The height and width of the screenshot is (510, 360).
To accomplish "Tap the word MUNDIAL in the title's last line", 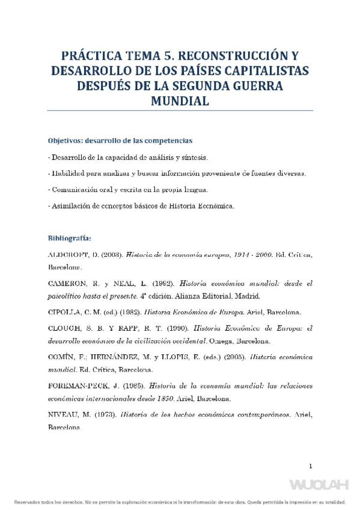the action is click(180, 101).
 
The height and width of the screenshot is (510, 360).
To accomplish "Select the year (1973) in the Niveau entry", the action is click(102, 414).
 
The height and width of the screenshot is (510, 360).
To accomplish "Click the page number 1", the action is click(311, 465).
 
